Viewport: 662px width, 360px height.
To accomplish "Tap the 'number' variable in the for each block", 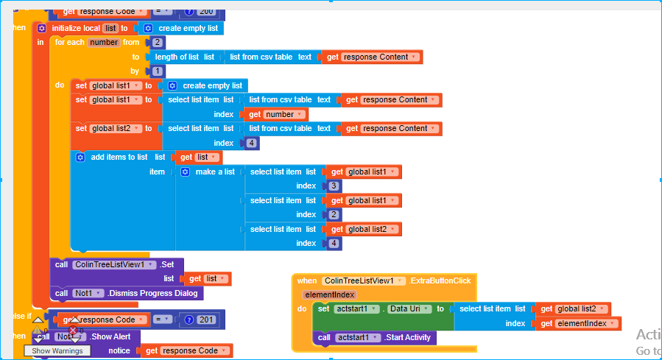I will pyautogui.click(x=104, y=43).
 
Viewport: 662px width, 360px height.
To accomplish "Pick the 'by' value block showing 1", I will pyautogui.click(x=158, y=71).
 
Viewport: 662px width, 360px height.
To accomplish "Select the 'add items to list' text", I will pyautogui.click(x=119, y=157).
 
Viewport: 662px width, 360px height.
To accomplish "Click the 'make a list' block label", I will pyautogui.click(x=215, y=172).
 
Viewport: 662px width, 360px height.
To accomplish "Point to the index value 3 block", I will pyautogui.click(x=334, y=186).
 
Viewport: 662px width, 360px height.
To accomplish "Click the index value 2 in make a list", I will pyautogui.click(x=334, y=215).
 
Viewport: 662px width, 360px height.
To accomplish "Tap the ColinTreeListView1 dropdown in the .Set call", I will pyautogui.click(x=114, y=264).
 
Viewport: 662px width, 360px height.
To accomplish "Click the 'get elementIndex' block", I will pyautogui.click(x=577, y=323).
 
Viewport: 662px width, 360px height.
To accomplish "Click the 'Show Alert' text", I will pyautogui.click(x=110, y=337).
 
